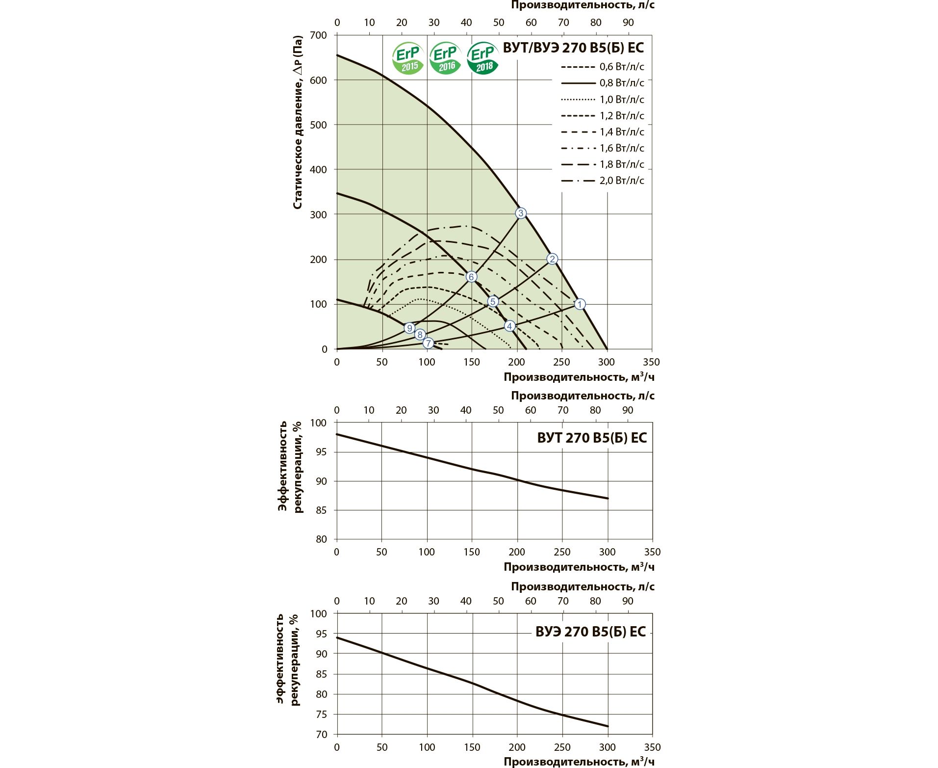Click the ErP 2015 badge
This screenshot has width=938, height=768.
click(408, 58)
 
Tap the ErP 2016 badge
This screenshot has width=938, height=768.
click(445, 58)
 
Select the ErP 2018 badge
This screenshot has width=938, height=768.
click(483, 58)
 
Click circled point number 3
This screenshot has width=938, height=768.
click(521, 213)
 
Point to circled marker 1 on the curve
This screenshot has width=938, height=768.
click(580, 304)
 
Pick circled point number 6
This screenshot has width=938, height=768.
click(471, 277)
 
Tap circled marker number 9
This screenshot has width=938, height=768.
click(409, 328)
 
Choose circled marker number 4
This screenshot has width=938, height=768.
click(509, 326)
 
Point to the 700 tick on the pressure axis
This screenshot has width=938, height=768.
click(319, 35)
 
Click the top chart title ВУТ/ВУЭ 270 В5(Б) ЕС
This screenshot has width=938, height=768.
click(573, 48)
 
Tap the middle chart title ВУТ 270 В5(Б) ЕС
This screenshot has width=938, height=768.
click(592, 438)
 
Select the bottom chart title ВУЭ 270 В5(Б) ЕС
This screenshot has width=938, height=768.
click(591, 632)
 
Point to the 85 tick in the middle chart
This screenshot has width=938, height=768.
click(321, 510)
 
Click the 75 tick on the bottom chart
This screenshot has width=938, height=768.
click(321, 715)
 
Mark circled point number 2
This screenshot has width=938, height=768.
click(552, 259)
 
